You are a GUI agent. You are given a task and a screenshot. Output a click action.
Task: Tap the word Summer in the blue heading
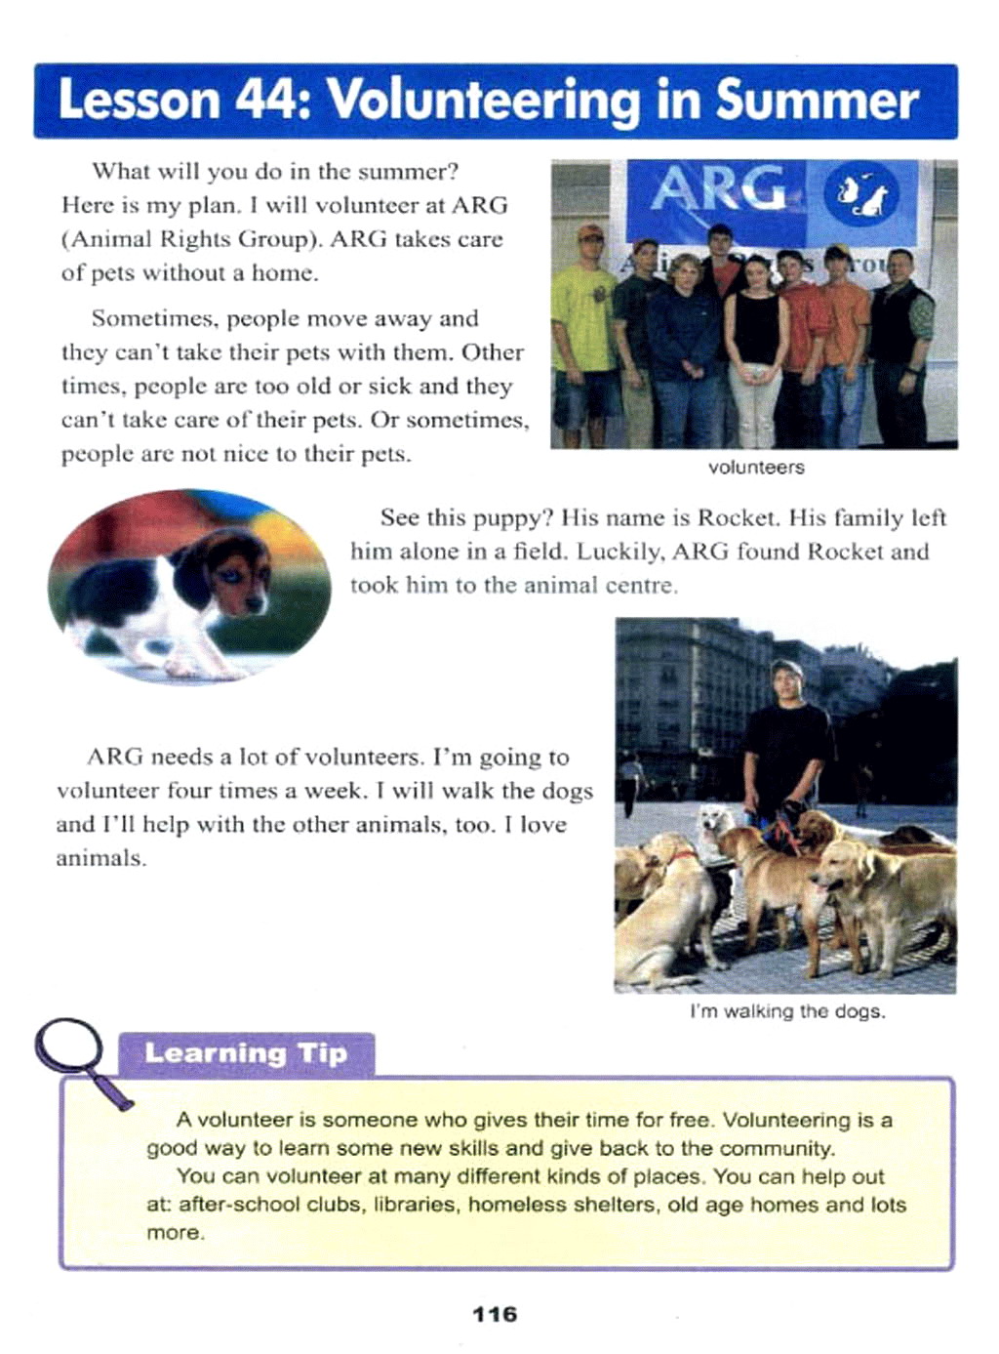818,101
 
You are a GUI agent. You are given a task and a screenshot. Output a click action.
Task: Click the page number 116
495,1314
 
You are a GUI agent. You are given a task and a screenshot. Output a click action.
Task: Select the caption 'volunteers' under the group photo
756,468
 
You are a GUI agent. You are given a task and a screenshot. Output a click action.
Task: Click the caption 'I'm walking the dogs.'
787,1011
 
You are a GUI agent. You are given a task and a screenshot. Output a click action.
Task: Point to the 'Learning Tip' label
246,1053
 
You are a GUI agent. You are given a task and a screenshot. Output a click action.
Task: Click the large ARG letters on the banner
717,188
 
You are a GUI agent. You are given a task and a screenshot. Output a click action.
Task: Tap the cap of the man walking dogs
786,670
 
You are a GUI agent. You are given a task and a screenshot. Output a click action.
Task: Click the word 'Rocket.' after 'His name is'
739,517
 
